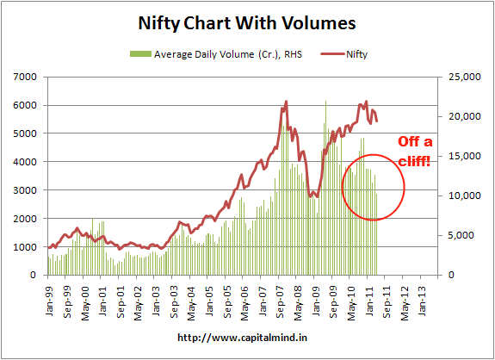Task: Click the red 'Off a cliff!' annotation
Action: [418, 152]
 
